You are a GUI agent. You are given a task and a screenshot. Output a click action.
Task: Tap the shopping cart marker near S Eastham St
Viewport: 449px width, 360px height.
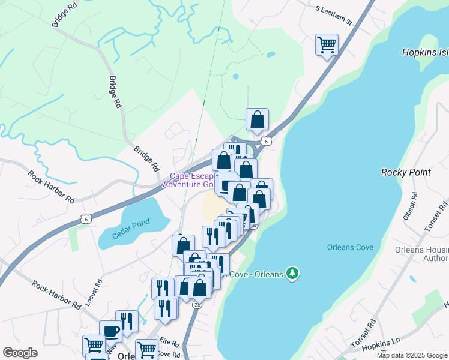point(327,44)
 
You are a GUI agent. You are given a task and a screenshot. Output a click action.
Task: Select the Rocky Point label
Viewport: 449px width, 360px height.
point(406,172)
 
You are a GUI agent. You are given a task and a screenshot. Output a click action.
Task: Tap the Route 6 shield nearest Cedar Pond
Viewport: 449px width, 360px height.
point(86,220)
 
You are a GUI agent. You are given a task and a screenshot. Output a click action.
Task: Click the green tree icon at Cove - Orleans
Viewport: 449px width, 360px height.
point(292,274)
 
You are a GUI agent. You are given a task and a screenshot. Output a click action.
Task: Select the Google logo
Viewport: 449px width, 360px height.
point(20,353)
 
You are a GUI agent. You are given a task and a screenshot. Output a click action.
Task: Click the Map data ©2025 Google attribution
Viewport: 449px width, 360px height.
point(412,355)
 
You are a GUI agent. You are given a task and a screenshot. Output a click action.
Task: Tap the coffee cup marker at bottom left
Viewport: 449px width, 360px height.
point(111,331)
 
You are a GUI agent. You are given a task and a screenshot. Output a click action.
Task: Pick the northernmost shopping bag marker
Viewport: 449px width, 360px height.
point(257,119)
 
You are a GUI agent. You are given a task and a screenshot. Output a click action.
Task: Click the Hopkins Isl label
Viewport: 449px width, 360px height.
point(424,53)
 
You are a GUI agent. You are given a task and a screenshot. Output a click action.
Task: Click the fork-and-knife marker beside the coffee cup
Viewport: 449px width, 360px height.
point(127,321)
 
